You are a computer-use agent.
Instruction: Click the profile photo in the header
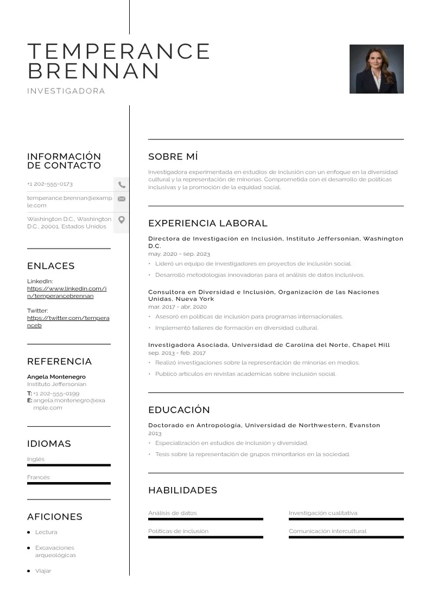(376, 69)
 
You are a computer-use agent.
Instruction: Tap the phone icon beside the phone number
(122, 185)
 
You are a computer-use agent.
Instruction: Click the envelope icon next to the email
(122, 199)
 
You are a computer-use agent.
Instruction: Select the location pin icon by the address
(122, 220)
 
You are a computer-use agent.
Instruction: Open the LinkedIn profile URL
(67, 292)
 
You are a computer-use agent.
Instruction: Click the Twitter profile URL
(68, 321)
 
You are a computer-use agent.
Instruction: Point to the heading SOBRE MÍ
(173, 157)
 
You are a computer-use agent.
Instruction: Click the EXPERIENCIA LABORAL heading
(208, 223)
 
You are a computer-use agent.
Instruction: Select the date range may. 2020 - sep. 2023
(179, 254)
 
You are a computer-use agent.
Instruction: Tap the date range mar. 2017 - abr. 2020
(178, 307)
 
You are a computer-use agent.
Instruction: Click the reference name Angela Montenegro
(56, 377)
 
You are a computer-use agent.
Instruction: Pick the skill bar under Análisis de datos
(206, 519)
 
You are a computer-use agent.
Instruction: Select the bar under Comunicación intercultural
(346, 537)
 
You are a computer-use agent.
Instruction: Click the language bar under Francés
(69, 483)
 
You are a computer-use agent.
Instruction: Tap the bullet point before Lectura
(29, 533)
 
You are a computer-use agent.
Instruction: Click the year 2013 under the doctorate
(155, 434)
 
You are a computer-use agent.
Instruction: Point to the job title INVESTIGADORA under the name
(66, 91)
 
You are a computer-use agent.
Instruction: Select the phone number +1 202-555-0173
(50, 184)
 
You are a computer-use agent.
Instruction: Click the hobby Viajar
(43, 571)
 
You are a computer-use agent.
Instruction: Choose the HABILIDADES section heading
(182, 490)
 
